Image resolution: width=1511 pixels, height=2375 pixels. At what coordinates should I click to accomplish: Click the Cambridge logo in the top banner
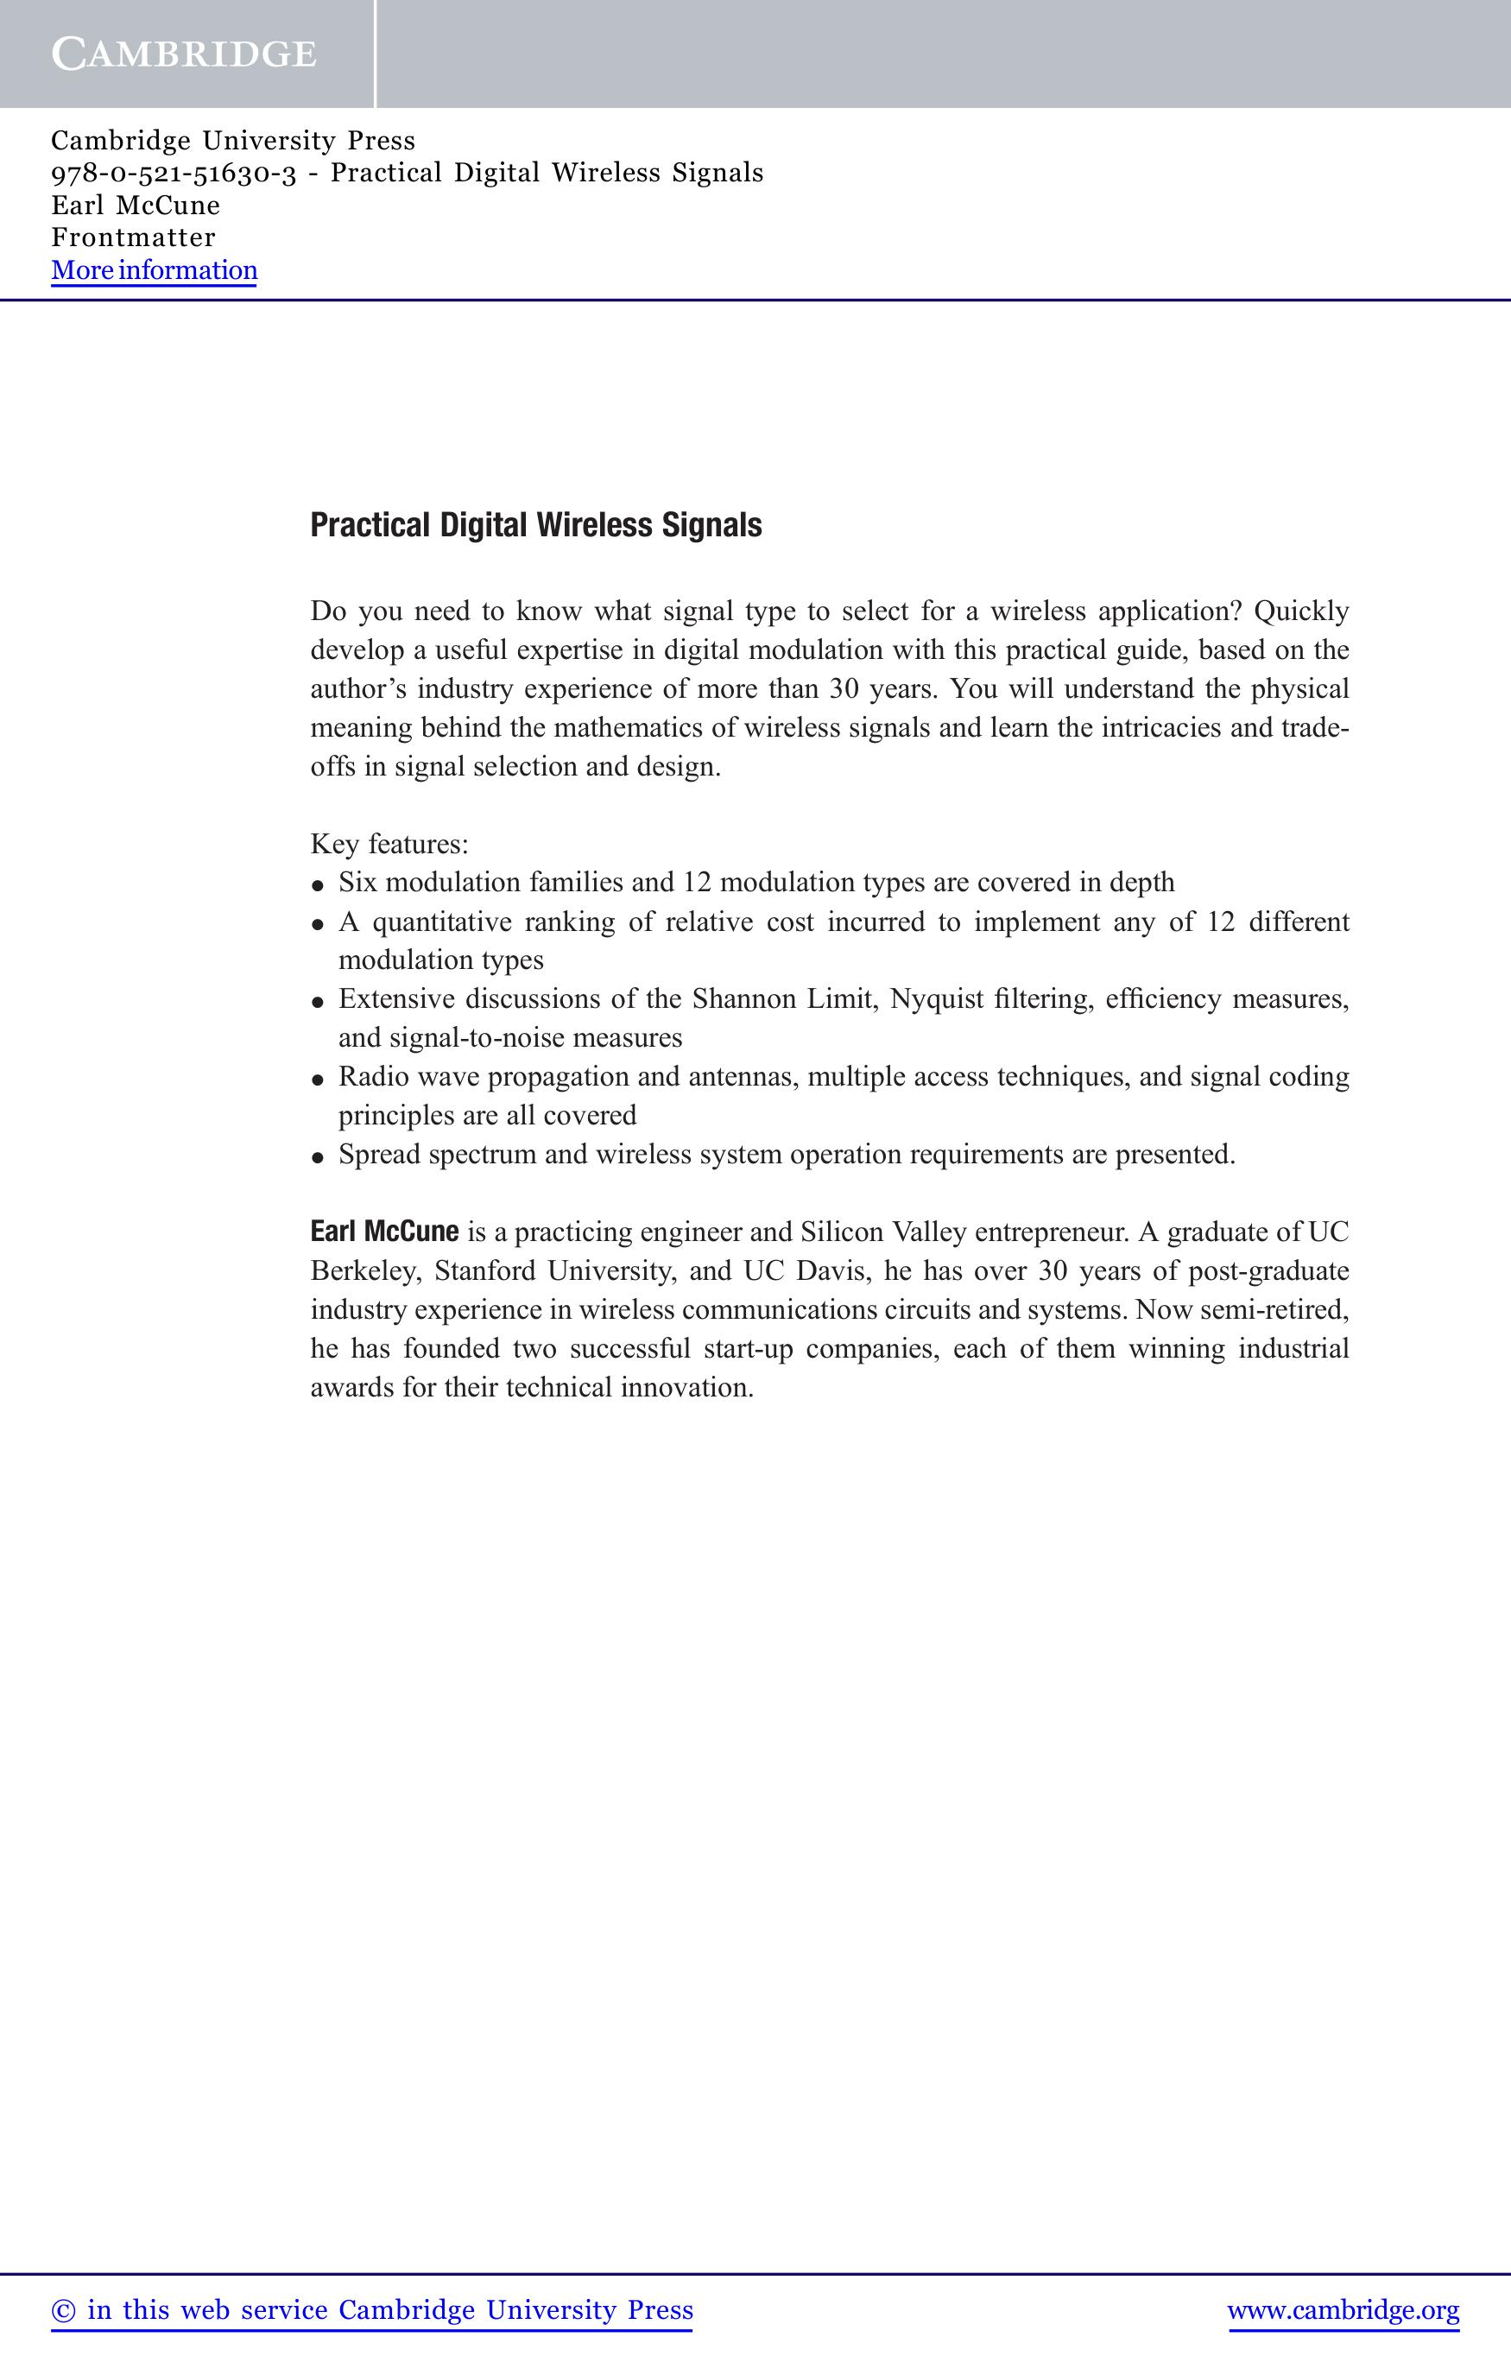[185, 54]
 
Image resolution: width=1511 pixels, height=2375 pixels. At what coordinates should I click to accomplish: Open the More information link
[154, 270]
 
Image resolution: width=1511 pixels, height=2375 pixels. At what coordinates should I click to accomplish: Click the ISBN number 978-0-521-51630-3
[174, 174]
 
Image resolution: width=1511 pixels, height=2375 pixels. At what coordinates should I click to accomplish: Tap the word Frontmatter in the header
[133, 237]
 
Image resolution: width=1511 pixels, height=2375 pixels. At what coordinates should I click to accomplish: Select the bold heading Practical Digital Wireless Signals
[535, 525]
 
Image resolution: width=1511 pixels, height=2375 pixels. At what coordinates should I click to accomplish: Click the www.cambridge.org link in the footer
[1343, 2311]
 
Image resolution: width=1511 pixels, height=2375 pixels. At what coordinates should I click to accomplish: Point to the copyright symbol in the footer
[63, 2311]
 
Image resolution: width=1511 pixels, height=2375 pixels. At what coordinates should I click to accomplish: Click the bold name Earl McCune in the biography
[383, 1231]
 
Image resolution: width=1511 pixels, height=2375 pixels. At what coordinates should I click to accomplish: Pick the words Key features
[389, 845]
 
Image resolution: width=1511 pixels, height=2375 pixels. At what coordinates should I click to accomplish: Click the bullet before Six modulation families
[318, 884]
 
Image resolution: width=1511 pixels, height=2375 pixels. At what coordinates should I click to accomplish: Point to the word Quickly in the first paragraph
[1300, 611]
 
